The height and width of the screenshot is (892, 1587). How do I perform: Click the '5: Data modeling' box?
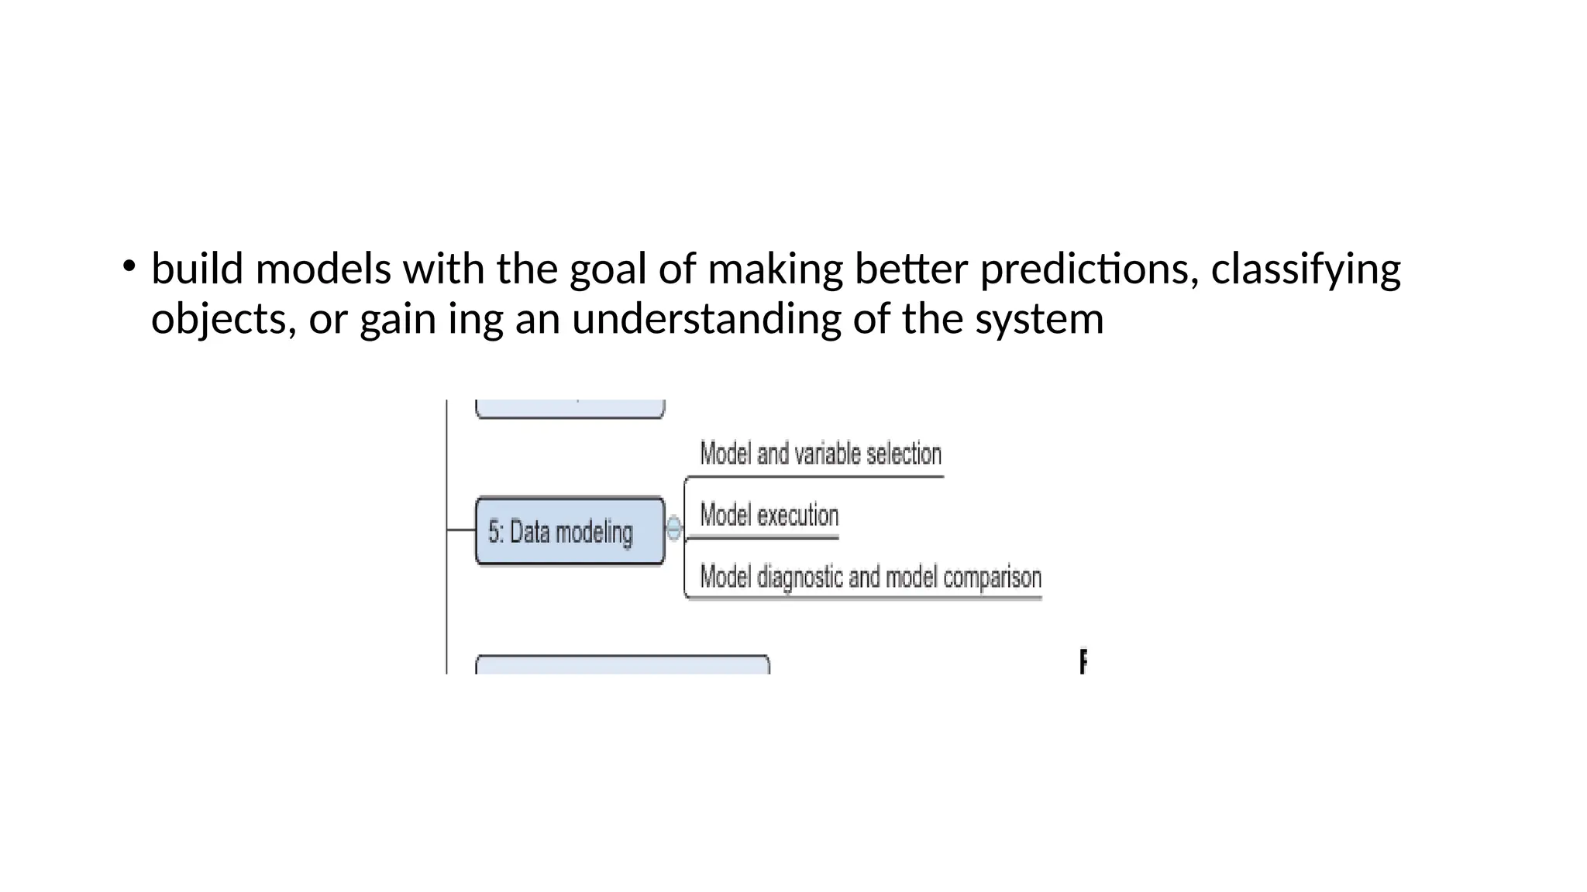[570, 531]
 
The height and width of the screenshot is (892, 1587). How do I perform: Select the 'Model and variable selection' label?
[821, 454]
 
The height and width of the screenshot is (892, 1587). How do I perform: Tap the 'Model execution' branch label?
[769, 516]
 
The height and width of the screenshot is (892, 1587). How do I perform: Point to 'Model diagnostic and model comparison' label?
[870, 578]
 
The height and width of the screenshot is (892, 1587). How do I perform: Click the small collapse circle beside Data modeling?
[673, 529]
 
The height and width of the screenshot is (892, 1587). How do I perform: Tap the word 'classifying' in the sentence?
[1306, 269]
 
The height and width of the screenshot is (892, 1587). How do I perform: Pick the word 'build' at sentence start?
[197, 269]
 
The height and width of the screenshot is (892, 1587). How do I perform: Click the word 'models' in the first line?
[323, 269]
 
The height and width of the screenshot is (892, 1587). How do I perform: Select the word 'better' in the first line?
[911, 269]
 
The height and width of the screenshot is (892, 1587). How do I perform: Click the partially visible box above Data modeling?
[570, 409]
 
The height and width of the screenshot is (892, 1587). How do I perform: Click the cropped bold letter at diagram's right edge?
[1083, 661]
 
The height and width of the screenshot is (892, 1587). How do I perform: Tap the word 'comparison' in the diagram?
[992, 578]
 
